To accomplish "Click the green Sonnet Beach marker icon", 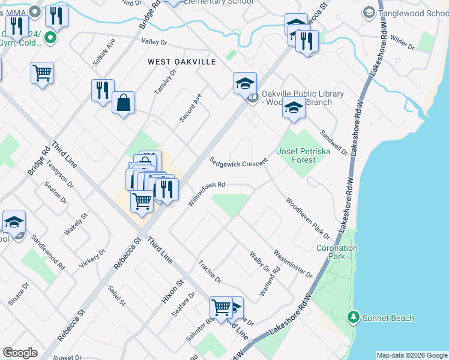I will point(354,317).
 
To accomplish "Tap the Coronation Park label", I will point(337,252).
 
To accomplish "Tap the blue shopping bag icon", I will point(123,102).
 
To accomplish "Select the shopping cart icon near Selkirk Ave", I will point(42,73).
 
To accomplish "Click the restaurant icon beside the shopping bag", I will point(103,89).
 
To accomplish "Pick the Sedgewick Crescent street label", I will point(238,163).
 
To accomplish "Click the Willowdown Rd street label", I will point(206,194).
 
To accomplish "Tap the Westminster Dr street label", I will point(293,264).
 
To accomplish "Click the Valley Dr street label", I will point(154,42).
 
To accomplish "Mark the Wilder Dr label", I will point(402,41).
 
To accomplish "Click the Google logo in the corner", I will point(20,353).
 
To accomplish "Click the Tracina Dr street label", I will point(210,272).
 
